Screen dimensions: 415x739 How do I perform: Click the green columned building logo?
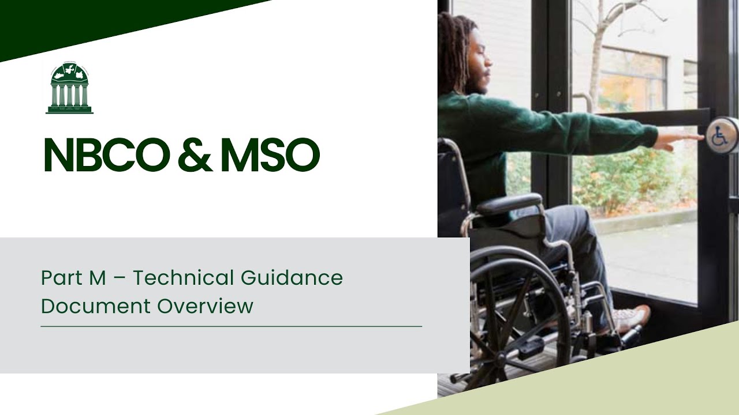pyautogui.click(x=69, y=88)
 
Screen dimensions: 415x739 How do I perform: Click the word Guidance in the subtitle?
pyautogui.click(x=292, y=278)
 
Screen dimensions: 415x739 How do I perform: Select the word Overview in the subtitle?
pyautogui.click(x=206, y=306)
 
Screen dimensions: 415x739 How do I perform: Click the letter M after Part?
pyautogui.click(x=98, y=278)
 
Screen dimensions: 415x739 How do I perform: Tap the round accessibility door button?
pyautogui.click(x=722, y=135)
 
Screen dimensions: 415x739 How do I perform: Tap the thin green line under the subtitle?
pyautogui.click(x=231, y=327)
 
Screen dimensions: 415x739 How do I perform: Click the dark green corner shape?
pyautogui.click(x=87, y=23)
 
